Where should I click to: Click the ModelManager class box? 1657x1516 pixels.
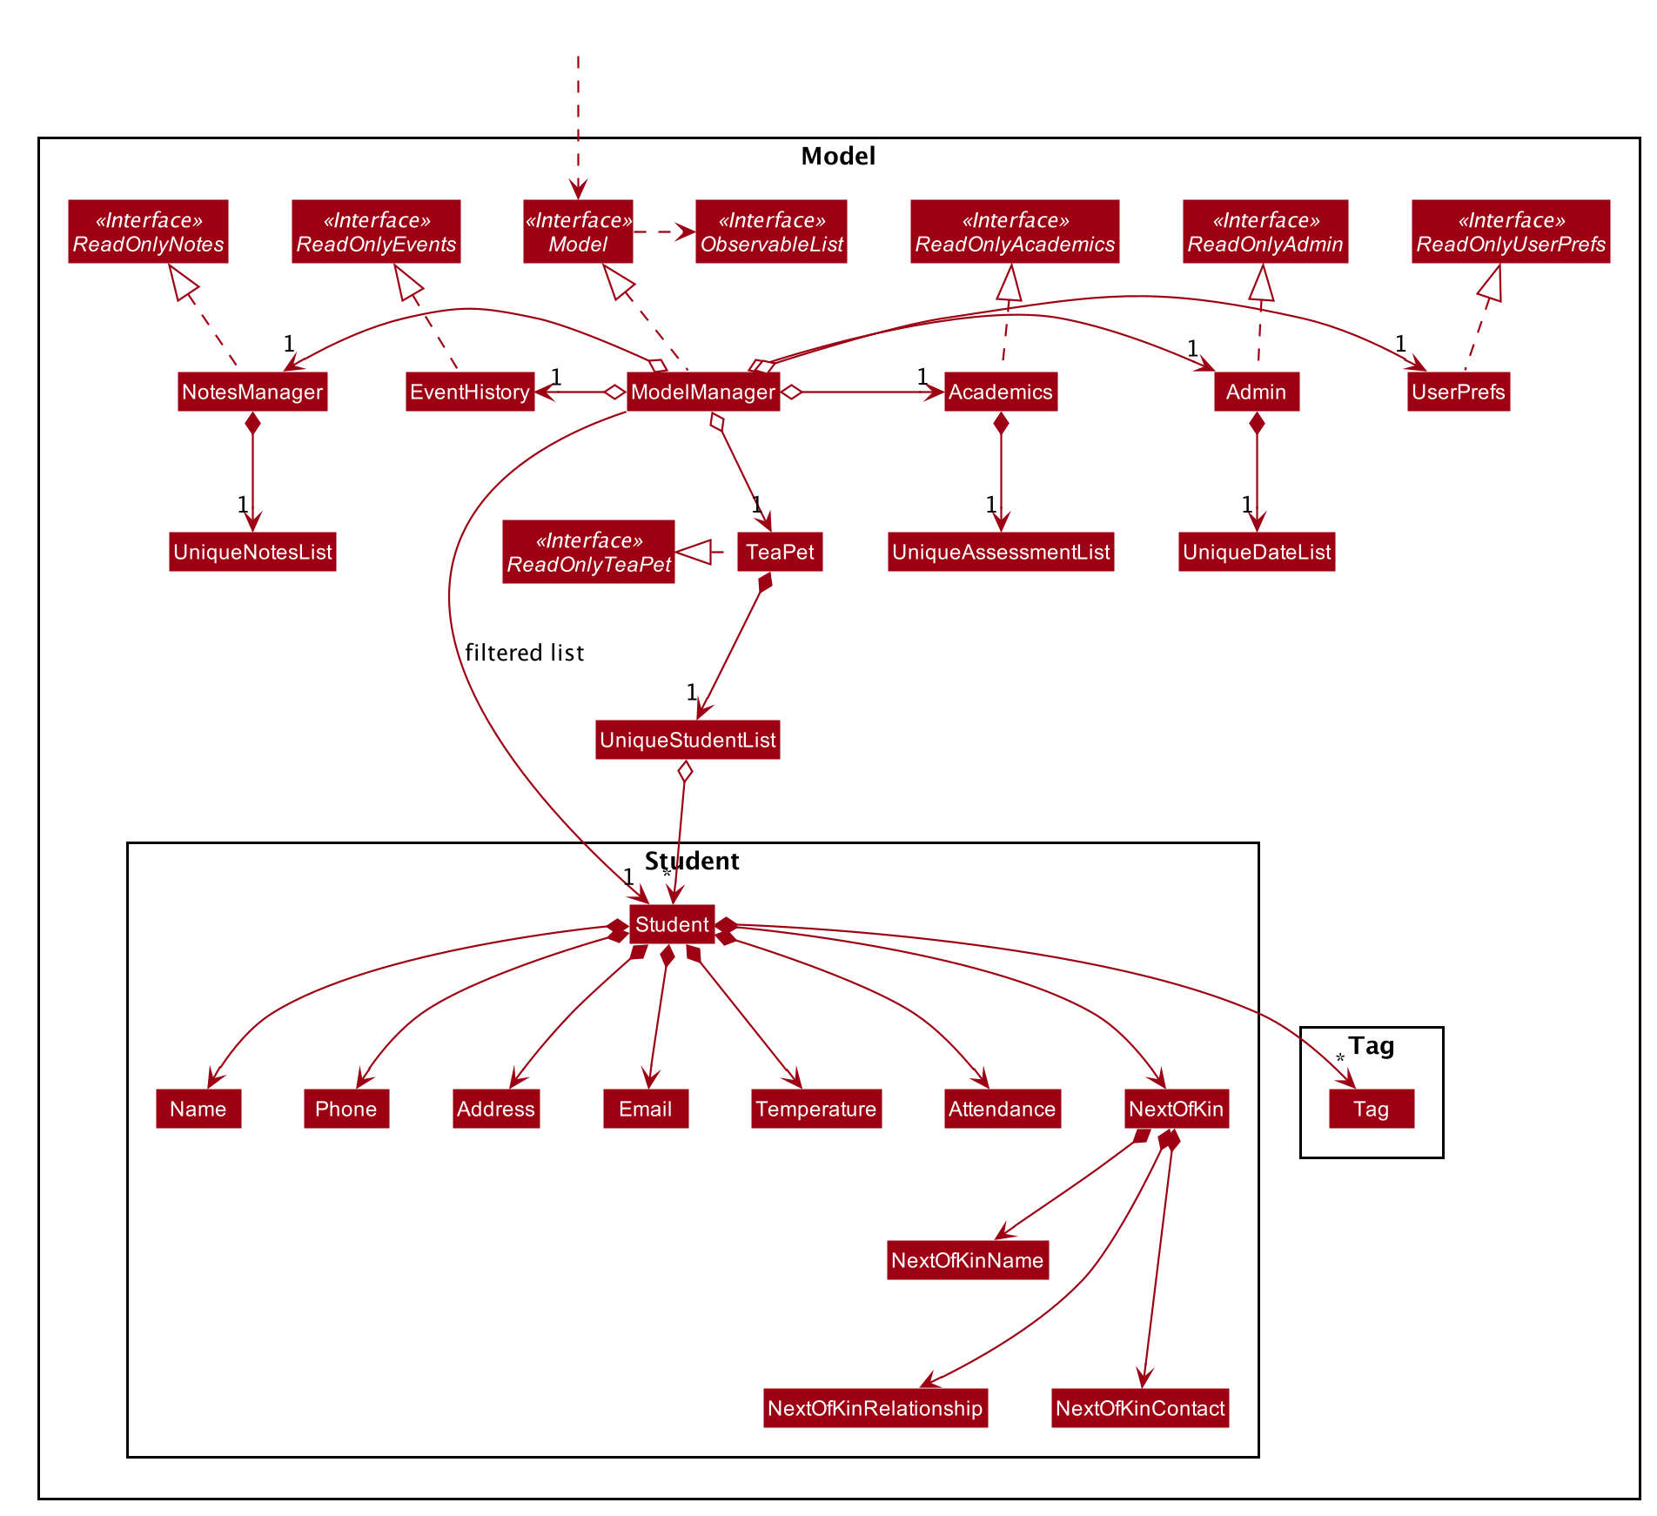[x=703, y=392]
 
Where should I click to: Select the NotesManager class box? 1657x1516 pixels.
[x=252, y=392]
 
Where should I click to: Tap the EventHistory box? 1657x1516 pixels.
[x=470, y=392]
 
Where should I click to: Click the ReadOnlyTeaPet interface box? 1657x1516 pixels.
[x=588, y=552]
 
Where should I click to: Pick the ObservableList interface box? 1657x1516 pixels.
[x=771, y=231]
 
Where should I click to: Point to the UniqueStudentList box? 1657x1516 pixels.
[x=688, y=740]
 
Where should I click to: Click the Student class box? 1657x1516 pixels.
[x=672, y=924]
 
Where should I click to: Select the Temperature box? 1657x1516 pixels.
[x=816, y=1109]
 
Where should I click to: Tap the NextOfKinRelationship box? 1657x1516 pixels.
[x=875, y=1408]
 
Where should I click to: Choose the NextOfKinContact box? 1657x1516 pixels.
[x=1140, y=1408]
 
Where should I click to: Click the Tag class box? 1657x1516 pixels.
[x=1372, y=1109]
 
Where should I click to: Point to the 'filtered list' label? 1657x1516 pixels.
[x=525, y=653]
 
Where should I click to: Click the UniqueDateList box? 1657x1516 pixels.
[x=1257, y=552]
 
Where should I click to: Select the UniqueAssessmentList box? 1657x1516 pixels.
[x=1001, y=552]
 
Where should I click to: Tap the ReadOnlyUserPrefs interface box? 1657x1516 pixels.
[x=1511, y=231]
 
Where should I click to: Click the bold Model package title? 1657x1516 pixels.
[x=838, y=157]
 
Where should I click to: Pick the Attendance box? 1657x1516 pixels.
[x=1003, y=1109]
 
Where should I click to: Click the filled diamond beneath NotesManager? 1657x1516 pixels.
[x=252, y=423]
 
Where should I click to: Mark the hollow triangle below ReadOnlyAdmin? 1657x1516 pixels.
[x=1261, y=283]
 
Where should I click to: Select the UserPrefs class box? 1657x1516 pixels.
[x=1459, y=392]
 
